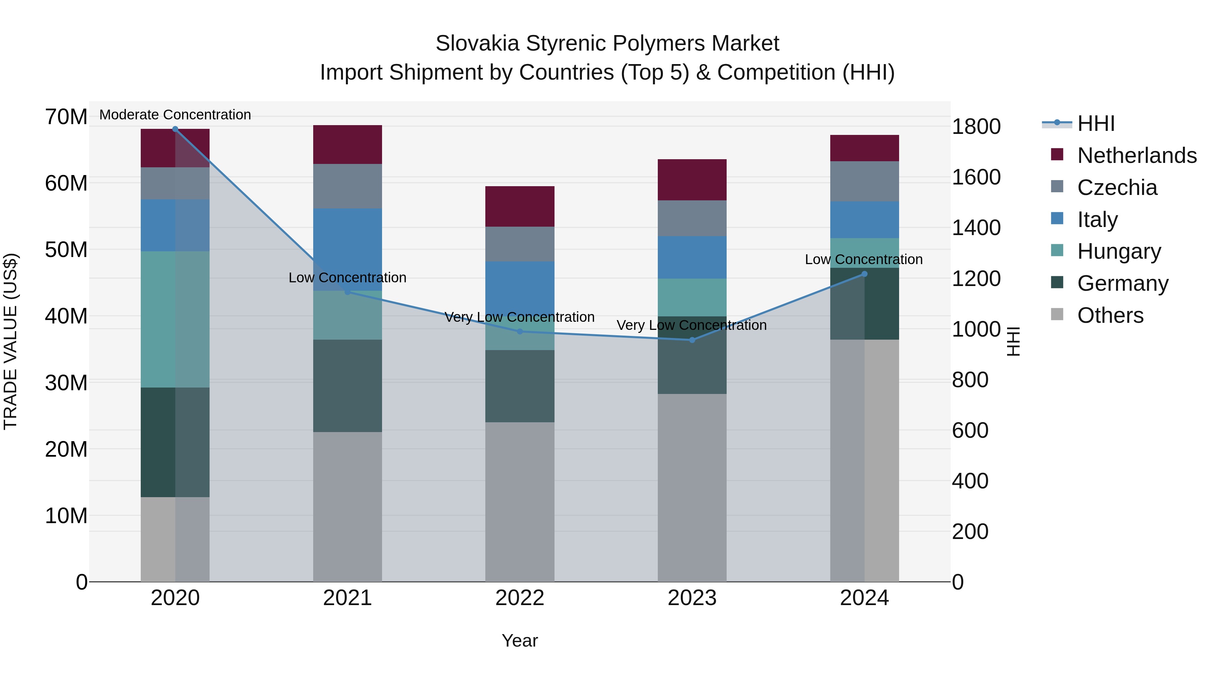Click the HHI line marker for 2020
pos(175,129)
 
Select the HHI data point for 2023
pos(692,340)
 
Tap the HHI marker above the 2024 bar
pos(864,274)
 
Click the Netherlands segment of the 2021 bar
pos(347,145)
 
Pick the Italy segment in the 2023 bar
pos(692,257)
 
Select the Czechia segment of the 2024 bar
pos(864,181)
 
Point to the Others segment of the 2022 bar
pos(520,502)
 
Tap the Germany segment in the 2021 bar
pos(347,386)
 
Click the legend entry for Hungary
pos(1119,251)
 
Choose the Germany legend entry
pos(1123,283)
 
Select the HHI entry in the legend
pos(1096,123)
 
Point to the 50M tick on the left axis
pos(66,250)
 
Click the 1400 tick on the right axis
pos(976,228)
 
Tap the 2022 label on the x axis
pos(520,598)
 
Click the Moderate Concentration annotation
pos(175,115)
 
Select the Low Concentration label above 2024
pos(864,259)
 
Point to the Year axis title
pos(520,641)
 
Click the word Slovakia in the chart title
pos(477,44)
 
